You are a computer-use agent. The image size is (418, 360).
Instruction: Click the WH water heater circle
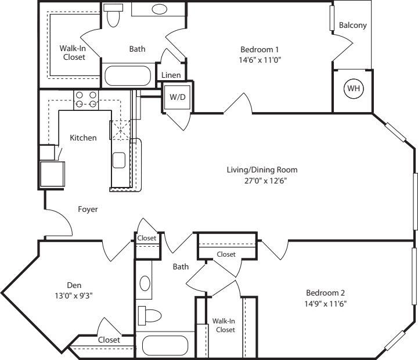coord(352,89)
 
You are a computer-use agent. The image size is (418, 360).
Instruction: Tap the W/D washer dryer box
coord(177,96)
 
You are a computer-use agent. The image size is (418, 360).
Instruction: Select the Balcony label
coord(353,26)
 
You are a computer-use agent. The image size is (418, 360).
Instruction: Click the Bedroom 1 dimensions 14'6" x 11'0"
coord(260,59)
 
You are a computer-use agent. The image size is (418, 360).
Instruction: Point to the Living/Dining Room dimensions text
coord(262,180)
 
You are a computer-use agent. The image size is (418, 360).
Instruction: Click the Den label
coord(74,285)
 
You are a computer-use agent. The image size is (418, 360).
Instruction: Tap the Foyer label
coord(88,209)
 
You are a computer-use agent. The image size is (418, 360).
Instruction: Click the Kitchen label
coord(83,138)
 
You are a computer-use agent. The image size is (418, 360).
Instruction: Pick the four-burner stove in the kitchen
coord(86,99)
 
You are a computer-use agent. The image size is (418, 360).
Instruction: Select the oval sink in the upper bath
coord(160,9)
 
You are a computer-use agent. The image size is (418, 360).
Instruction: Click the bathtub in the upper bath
coord(127,75)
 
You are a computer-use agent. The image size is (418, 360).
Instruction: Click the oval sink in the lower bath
coord(145,284)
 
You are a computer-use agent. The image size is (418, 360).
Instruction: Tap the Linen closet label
coord(171,75)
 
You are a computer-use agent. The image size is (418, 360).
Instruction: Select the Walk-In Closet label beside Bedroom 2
coord(224,325)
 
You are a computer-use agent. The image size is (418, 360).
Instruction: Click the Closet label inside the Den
coord(109,340)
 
